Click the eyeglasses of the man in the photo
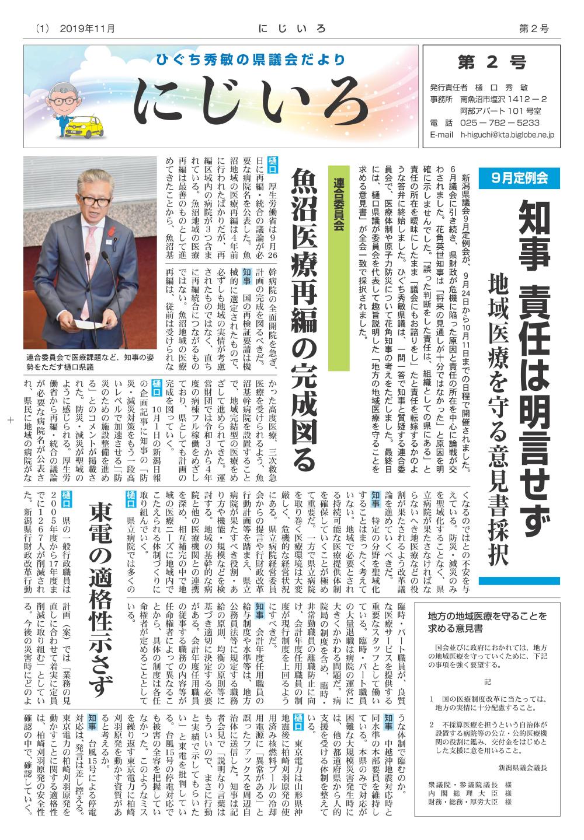tap(94, 199)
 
